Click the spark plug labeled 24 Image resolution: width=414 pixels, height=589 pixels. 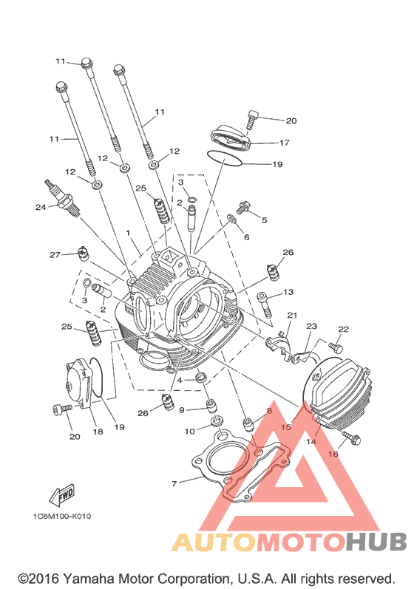click(62, 199)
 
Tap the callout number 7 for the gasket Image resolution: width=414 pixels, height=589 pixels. click(174, 483)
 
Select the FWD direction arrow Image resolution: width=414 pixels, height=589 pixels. click(62, 495)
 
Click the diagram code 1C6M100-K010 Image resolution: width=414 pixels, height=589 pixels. click(61, 516)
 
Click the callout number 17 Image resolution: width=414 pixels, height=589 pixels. click(285, 143)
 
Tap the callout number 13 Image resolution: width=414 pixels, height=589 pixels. click(288, 292)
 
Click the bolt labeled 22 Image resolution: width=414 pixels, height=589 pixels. click(336, 347)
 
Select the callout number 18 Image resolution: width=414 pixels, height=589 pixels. click(98, 432)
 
